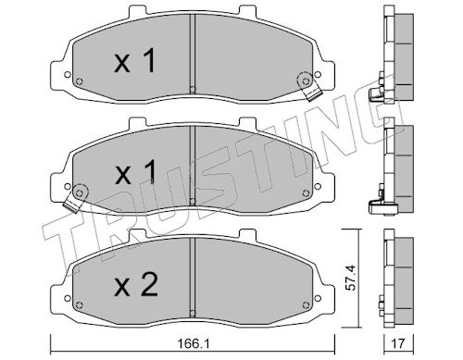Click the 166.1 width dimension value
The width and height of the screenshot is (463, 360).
(194, 343)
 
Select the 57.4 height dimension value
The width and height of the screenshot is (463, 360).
(350, 278)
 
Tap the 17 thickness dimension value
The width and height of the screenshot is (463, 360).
(398, 342)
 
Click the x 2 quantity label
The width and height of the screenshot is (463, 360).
(136, 285)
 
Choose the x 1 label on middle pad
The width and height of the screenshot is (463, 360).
(135, 173)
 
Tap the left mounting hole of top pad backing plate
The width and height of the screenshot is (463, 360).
(67, 74)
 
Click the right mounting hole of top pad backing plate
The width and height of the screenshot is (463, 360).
(318, 74)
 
